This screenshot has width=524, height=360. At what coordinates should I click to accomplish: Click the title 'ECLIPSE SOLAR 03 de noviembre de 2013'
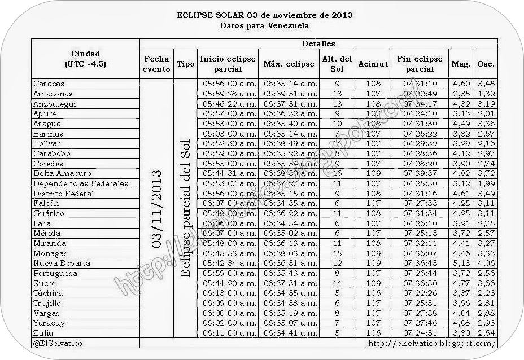coord(265,15)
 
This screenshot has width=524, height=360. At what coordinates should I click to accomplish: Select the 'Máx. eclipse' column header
coord(289,64)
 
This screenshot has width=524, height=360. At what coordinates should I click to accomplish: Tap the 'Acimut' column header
coord(373,64)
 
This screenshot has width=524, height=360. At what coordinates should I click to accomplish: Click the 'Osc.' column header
coord(486,64)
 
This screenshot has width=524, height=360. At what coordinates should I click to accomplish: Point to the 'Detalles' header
coord(318,43)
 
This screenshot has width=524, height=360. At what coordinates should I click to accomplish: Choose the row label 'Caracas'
coord(49,84)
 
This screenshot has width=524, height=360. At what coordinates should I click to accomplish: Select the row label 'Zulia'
coord(43,333)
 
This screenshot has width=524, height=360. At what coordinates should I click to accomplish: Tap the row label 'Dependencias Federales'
coord(81,183)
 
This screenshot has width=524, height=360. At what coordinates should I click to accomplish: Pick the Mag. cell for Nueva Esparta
coord(461,264)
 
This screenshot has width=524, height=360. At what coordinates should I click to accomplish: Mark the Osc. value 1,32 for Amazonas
coord(486,94)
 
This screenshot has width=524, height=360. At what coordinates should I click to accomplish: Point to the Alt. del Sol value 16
coord(337,174)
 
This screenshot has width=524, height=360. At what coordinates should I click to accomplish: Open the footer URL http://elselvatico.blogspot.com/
coord(432,343)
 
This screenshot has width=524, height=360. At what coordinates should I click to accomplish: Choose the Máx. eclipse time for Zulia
coord(290,333)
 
